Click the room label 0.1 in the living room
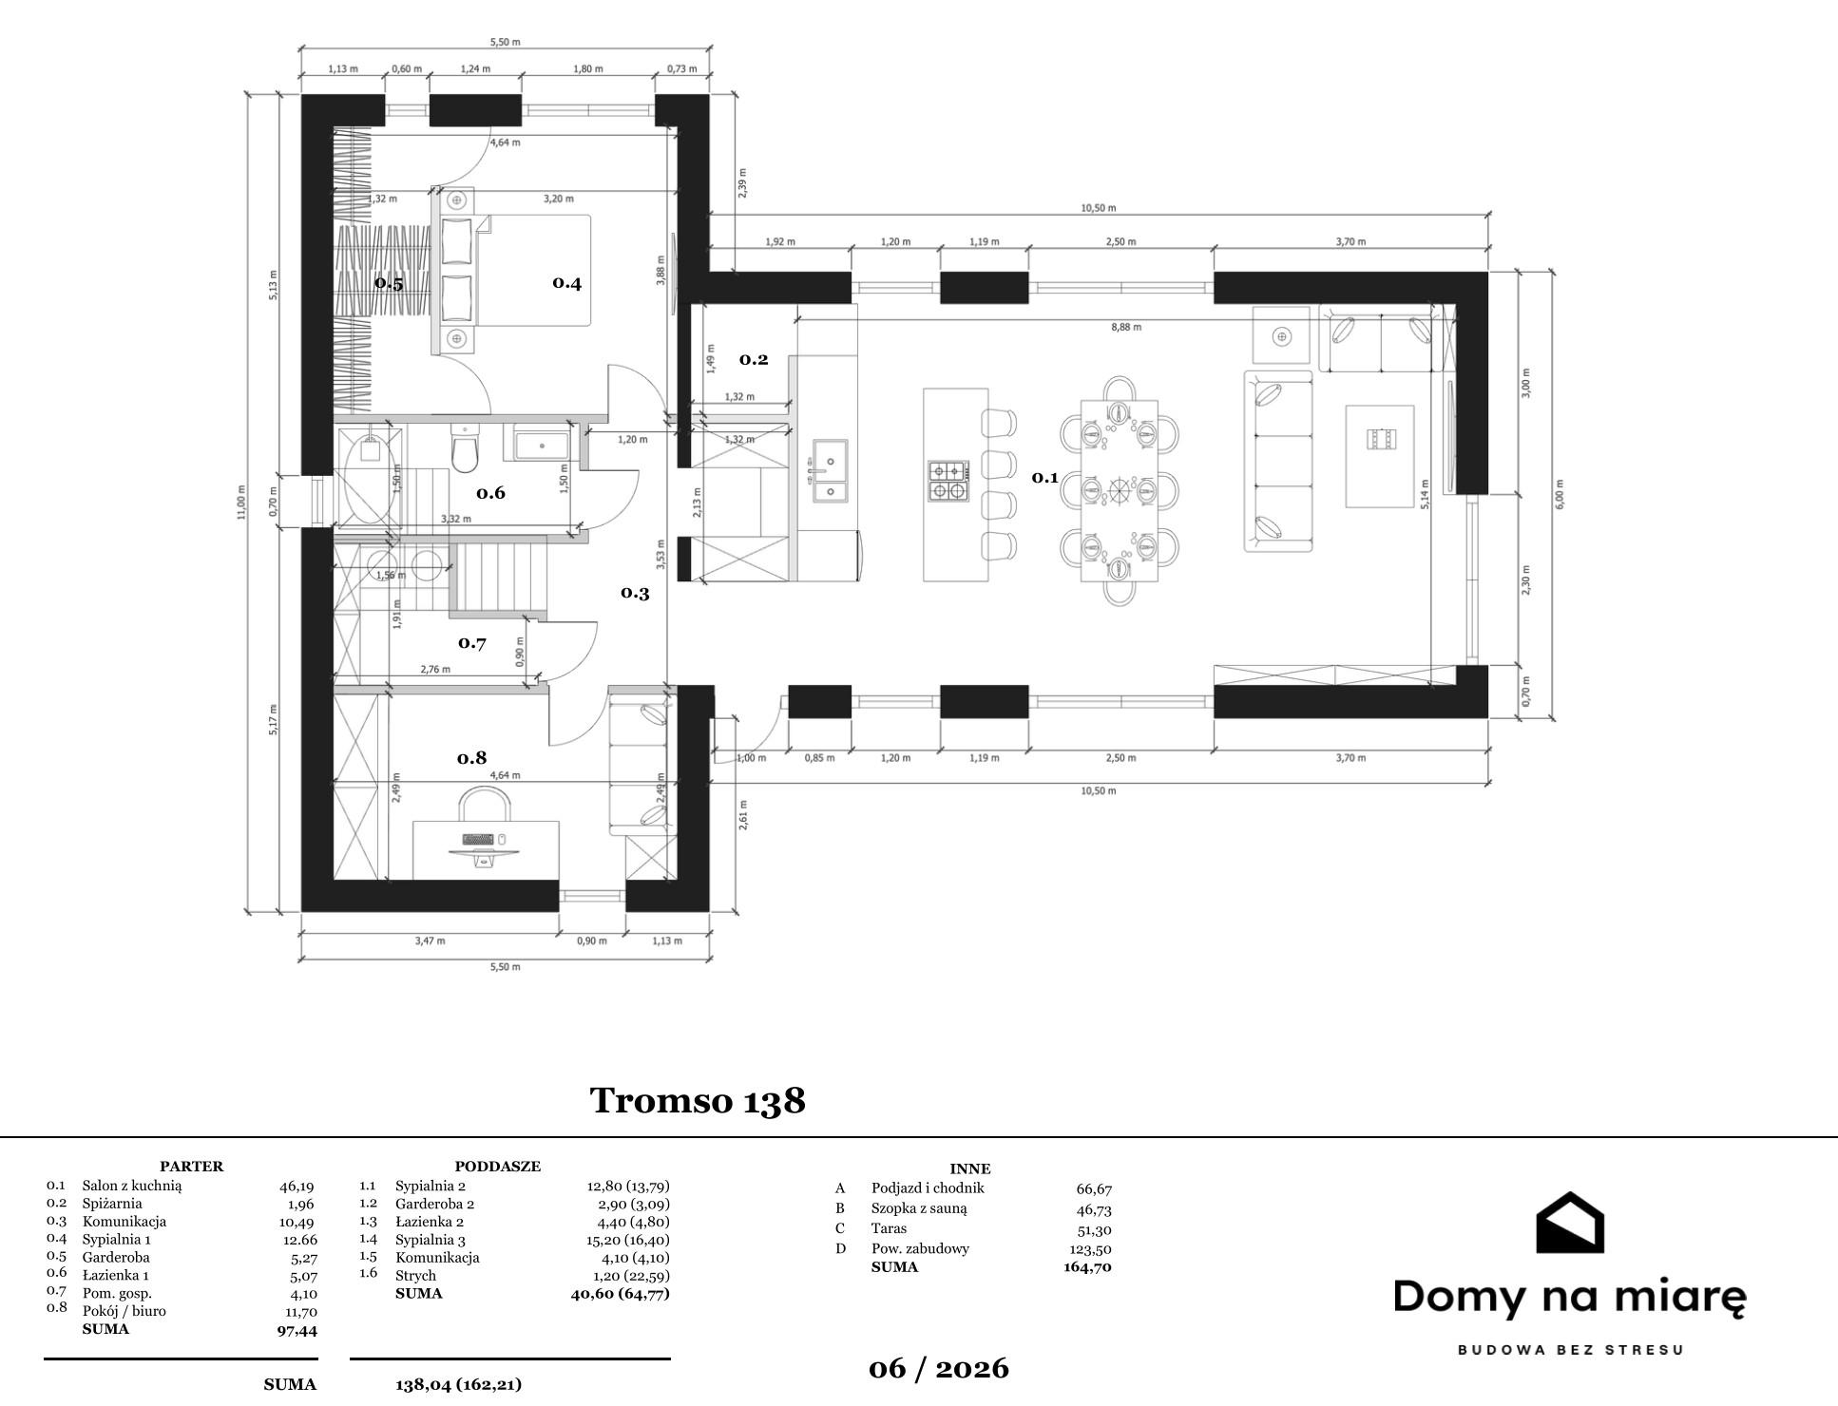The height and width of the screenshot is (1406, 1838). click(1044, 477)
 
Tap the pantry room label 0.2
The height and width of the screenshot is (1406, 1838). click(754, 359)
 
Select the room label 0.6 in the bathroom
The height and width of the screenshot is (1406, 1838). click(490, 492)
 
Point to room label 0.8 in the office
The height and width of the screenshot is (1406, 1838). click(471, 757)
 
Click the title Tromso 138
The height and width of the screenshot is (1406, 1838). click(698, 1100)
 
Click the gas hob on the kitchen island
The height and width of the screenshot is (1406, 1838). click(948, 481)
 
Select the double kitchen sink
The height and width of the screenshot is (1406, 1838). click(830, 469)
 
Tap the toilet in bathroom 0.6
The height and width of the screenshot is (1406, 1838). click(465, 449)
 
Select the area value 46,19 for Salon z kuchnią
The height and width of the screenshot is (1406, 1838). click(296, 1186)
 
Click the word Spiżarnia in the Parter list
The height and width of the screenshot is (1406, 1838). click(112, 1204)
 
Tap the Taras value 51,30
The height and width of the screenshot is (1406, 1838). click(1093, 1228)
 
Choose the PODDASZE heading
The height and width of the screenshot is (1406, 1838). click(497, 1167)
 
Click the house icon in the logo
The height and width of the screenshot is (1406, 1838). click(1570, 1223)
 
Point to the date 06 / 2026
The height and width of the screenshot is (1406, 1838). click(939, 1368)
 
